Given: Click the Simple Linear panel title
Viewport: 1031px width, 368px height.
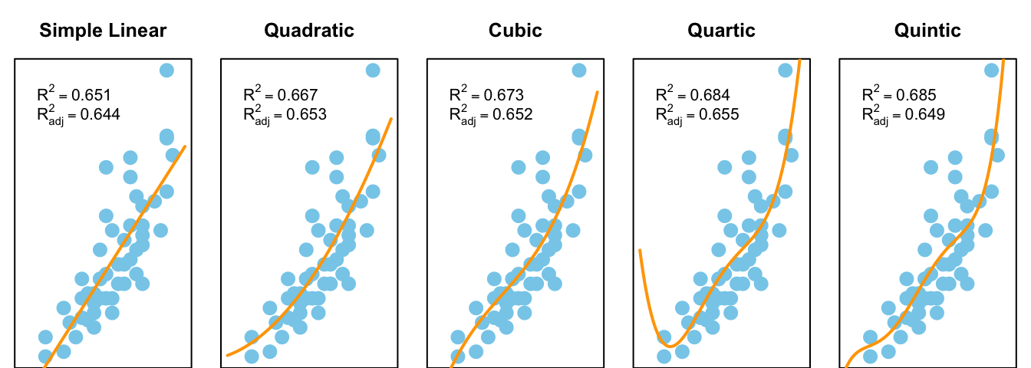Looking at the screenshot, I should (103, 31).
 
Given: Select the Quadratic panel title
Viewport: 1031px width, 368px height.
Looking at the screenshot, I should (309, 31).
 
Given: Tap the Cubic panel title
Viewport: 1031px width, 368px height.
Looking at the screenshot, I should (515, 31).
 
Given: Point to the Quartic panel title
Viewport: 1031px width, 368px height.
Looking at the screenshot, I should (721, 31).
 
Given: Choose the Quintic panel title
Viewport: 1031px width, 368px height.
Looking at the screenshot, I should (927, 31).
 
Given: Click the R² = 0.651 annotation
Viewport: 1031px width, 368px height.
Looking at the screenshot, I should (74, 95).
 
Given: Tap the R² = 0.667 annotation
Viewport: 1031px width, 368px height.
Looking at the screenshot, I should (280, 95).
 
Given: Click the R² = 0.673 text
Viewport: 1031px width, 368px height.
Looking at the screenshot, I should (486, 95).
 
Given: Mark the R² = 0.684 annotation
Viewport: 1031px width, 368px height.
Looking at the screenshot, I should (693, 95).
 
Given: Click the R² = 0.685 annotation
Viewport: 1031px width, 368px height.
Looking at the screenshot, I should (899, 95).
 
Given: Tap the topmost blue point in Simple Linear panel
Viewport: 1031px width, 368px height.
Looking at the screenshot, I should (166, 71).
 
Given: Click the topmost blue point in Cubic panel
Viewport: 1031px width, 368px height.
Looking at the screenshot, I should (579, 71).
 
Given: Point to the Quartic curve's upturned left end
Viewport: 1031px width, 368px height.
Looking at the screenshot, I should (640, 251).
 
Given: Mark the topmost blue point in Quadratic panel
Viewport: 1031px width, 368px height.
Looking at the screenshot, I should (373, 71).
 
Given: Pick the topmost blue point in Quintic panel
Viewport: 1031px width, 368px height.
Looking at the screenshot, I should (991, 71).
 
